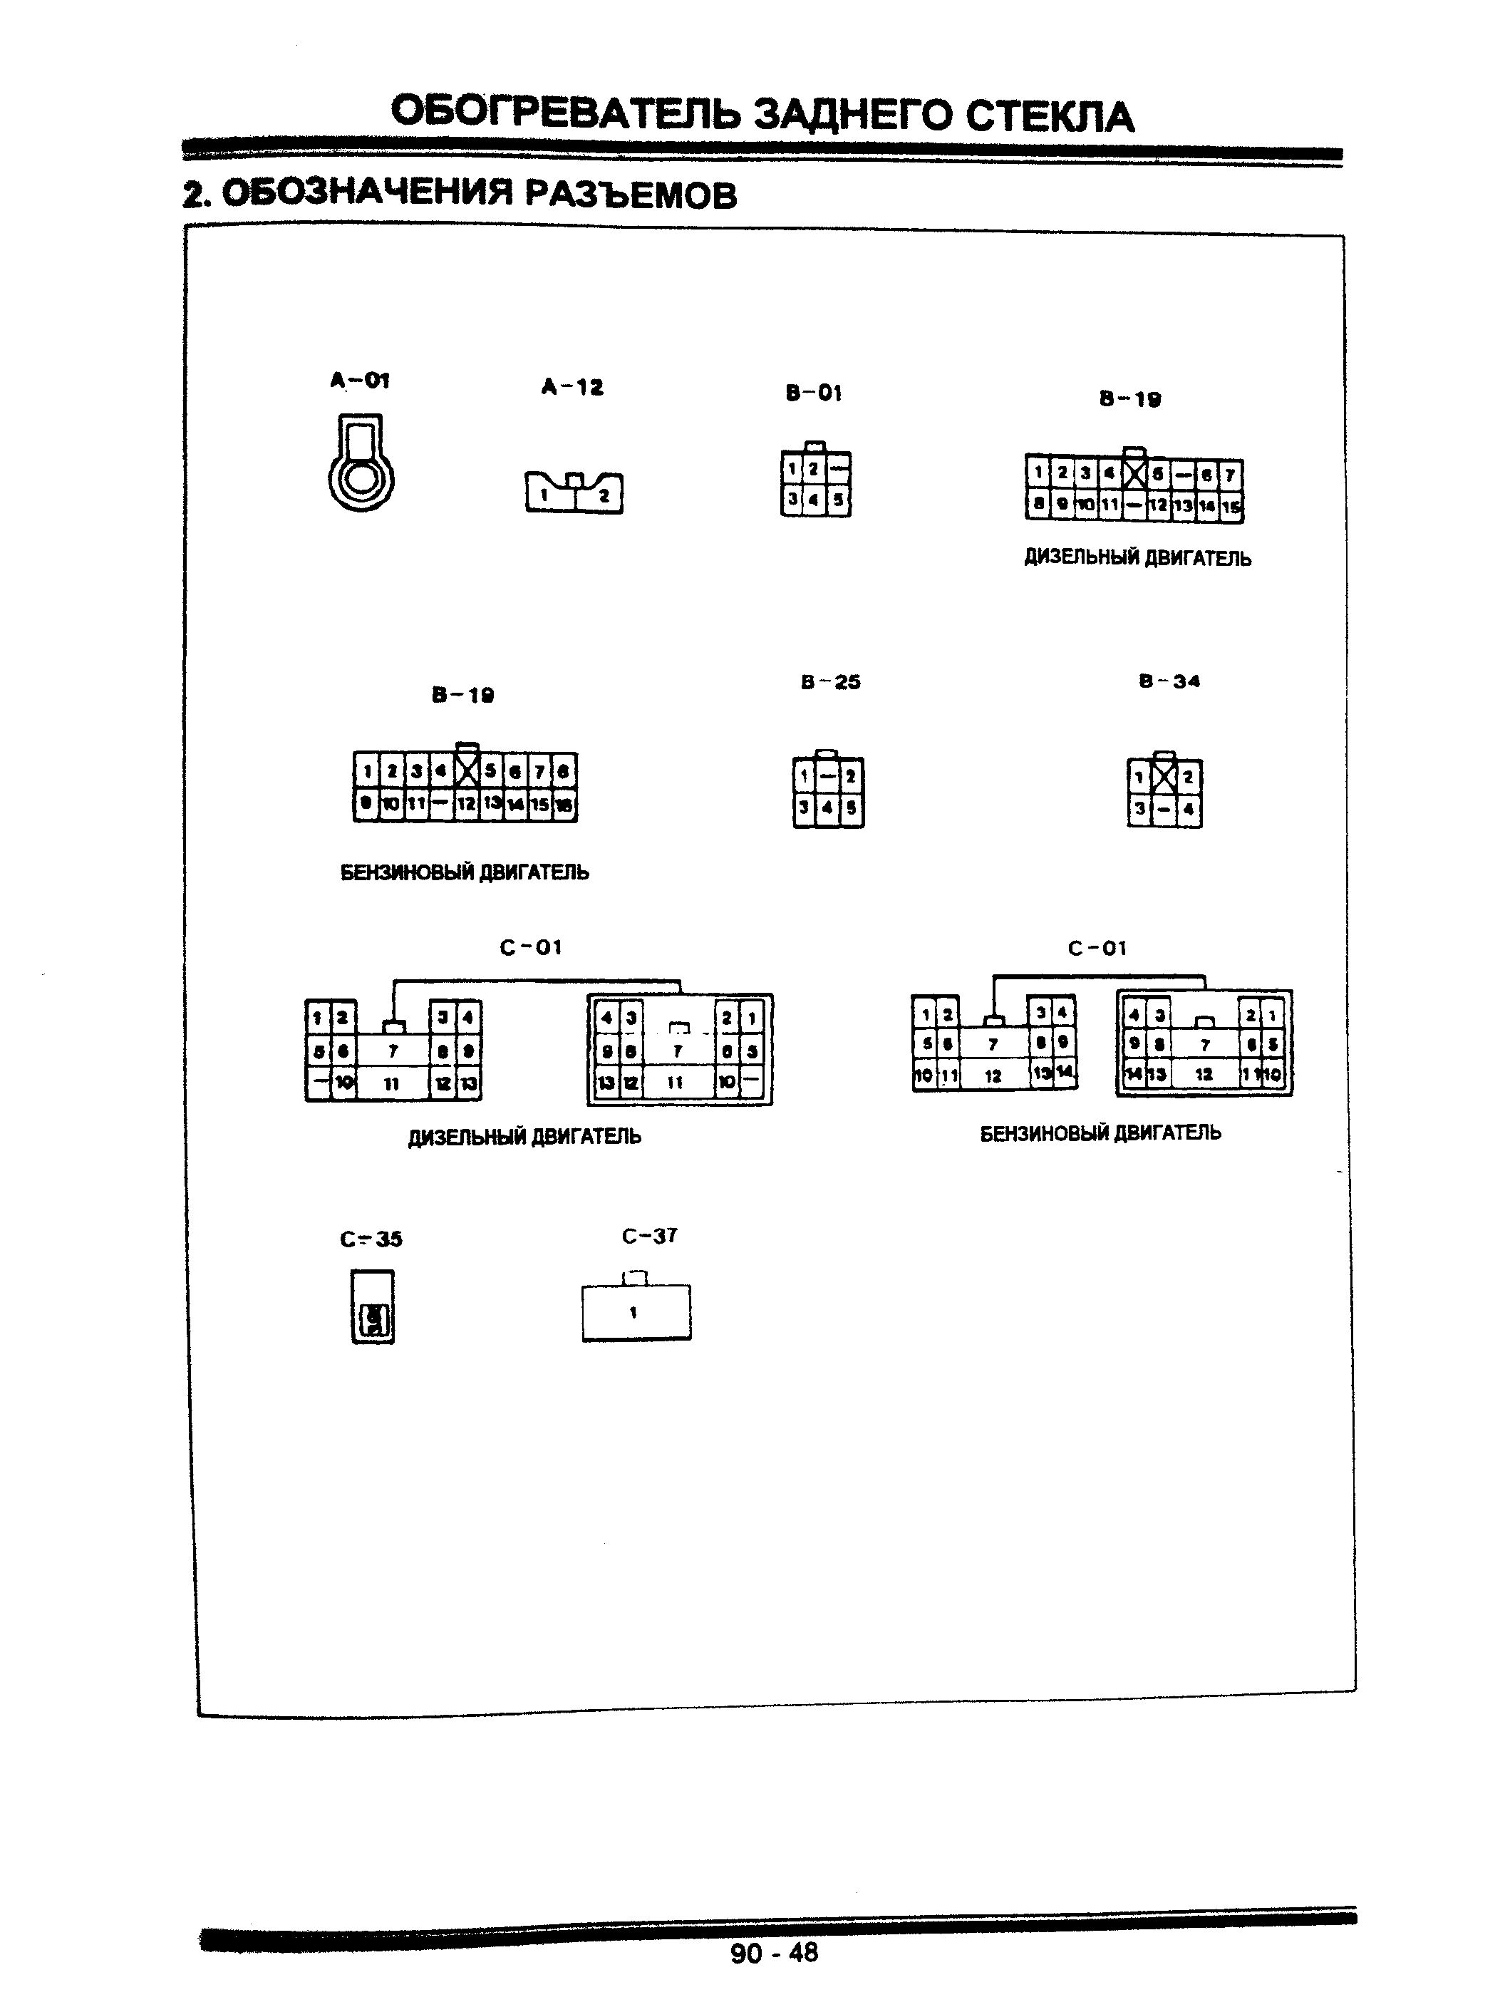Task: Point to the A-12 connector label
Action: coord(572,388)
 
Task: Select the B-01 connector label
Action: coord(814,393)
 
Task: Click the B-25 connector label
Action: coord(830,682)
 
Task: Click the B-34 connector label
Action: coord(1169,681)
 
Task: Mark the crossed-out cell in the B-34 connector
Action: coord(1164,777)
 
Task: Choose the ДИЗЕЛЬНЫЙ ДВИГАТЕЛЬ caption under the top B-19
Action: coord(1137,558)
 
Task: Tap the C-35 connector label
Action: coord(371,1239)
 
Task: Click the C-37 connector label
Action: coord(650,1236)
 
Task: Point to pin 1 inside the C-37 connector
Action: coord(634,1312)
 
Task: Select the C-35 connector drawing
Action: coord(373,1306)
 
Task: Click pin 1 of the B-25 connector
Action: coord(805,777)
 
